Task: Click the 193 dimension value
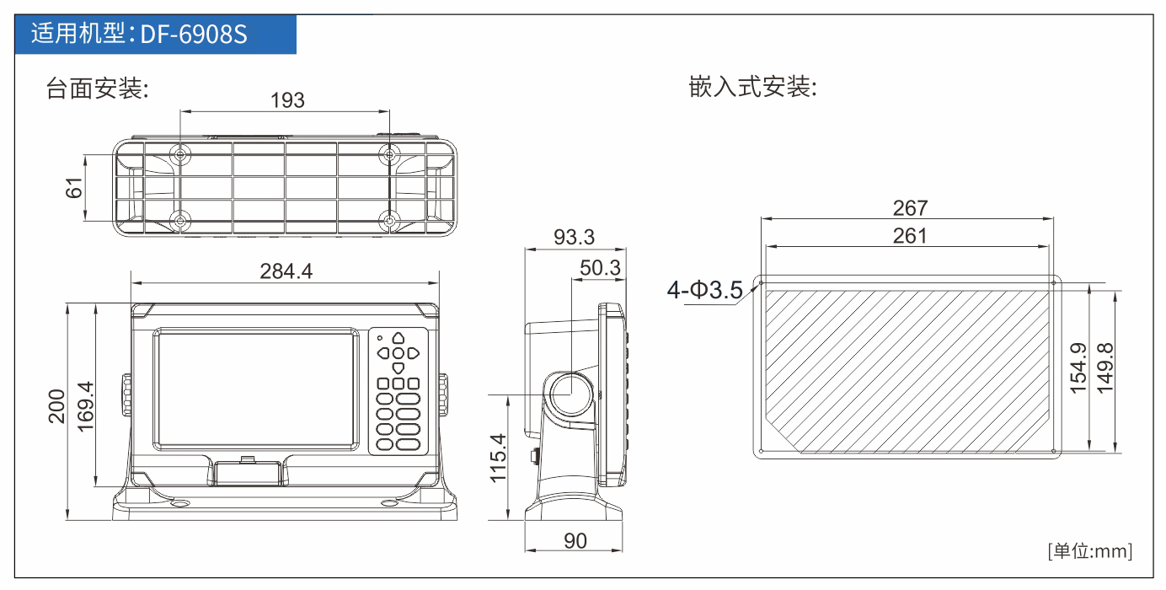click(287, 100)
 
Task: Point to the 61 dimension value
click(74, 188)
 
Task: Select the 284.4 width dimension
click(286, 271)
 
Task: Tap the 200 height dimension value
click(56, 406)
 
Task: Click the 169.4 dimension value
click(86, 406)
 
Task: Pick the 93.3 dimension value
click(574, 237)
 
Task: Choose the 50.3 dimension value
click(600, 268)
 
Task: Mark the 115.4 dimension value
click(498, 458)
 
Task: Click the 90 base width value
click(575, 541)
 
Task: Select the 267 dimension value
click(911, 208)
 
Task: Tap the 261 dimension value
click(910, 235)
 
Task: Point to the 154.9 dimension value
click(1079, 367)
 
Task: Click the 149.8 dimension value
click(1105, 367)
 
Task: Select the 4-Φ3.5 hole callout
click(705, 290)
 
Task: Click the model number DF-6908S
click(194, 35)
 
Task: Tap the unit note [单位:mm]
click(1090, 551)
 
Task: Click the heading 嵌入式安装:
click(752, 87)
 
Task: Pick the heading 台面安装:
click(98, 88)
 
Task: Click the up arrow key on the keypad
click(398, 338)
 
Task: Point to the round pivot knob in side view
click(571, 394)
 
